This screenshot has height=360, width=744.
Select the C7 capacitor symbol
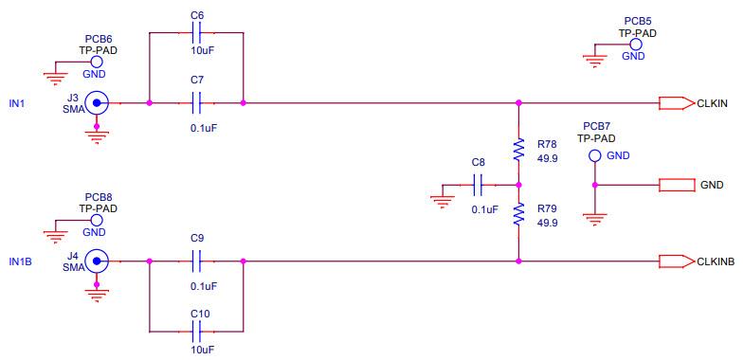pyautogui.click(x=197, y=102)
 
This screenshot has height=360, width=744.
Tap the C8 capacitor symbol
pyautogui.click(x=479, y=185)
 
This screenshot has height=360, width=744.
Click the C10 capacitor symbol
pyautogui.click(x=197, y=331)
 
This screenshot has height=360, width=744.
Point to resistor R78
pyautogui.click(x=518, y=150)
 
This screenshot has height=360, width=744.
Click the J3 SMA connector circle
pyautogui.click(x=95, y=102)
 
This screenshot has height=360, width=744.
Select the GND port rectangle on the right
pyautogui.click(x=677, y=184)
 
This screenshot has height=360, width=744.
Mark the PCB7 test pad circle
pyautogui.click(x=594, y=155)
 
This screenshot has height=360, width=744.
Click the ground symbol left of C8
pyautogui.click(x=441, y=198)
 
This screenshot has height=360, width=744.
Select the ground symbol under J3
pyautogui.click(x=95, y=135)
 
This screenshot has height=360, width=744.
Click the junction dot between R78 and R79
pyautogui.click(x=518, y=185)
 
